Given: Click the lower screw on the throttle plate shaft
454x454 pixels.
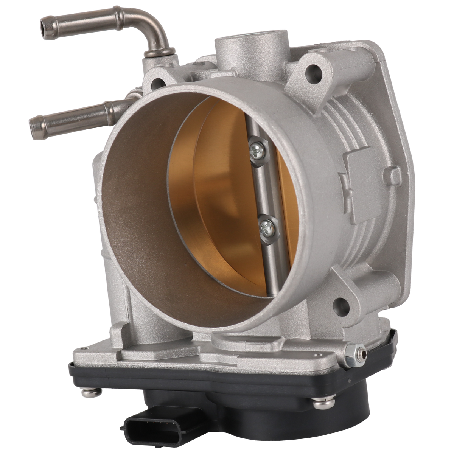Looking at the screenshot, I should click(265, 228).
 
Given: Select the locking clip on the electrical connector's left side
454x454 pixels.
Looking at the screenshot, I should click(126, 424).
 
